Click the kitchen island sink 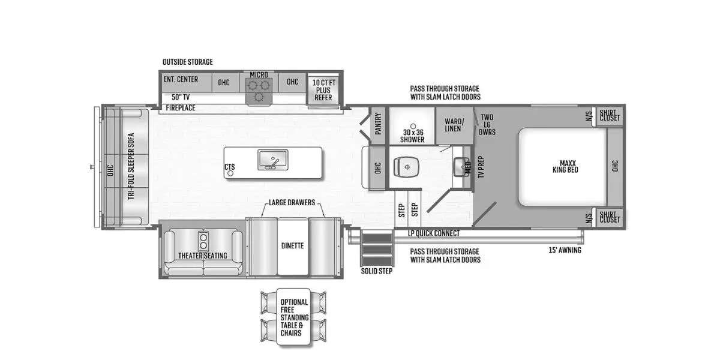[273, 160]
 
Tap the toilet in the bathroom [406, 167]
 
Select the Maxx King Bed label [565, 167]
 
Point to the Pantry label [378, 124]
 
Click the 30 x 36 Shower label [412, 136]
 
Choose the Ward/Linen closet [454, 125]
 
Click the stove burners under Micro [259, 91]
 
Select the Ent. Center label [181, 79]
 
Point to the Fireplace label [181, 108]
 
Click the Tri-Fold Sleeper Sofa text [131, 166]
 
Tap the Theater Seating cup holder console [203, 241]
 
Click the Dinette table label [293, 246]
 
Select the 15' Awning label [565, 250]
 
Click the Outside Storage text [187, 62]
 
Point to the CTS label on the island [230, 167]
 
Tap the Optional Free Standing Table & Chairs [293, 317]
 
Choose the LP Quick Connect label [434, 233]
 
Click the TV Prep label [481, 167]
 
